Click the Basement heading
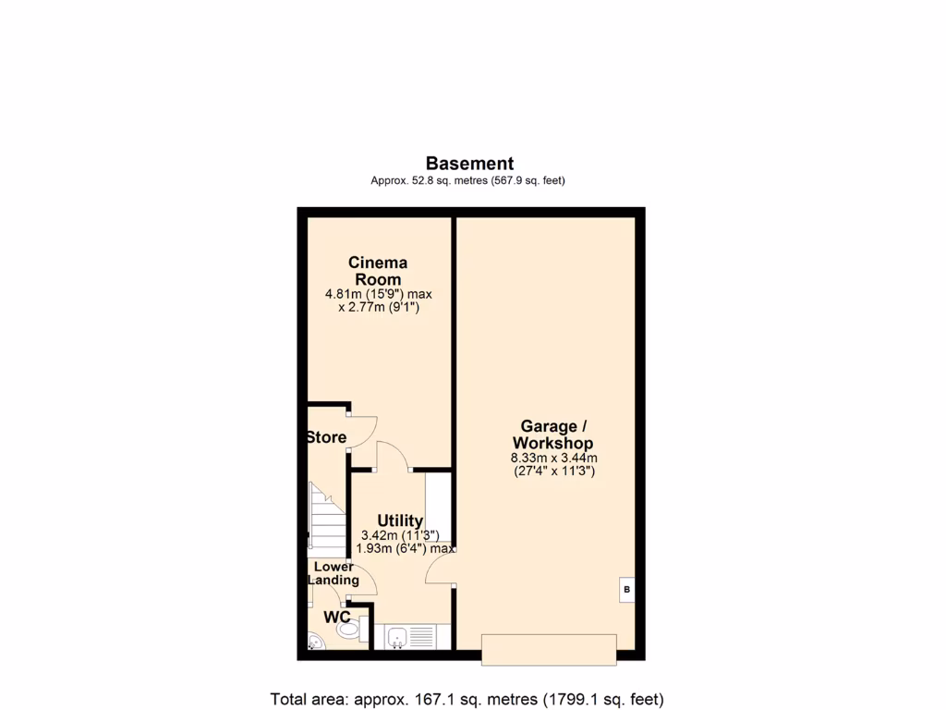coord(469,164)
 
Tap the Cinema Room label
coord(378,271)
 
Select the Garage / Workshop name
coord(553,435)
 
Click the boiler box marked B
coord(626,589)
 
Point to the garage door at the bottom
coord(549,649)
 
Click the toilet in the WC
coord(348,630)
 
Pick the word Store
coord(326,437)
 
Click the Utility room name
coord(400,520)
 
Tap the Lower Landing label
coord(334,573)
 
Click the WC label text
coord(337,617)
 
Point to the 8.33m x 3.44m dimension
coord(553,458)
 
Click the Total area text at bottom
coord(467,699)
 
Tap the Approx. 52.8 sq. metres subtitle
coord(467,181)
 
